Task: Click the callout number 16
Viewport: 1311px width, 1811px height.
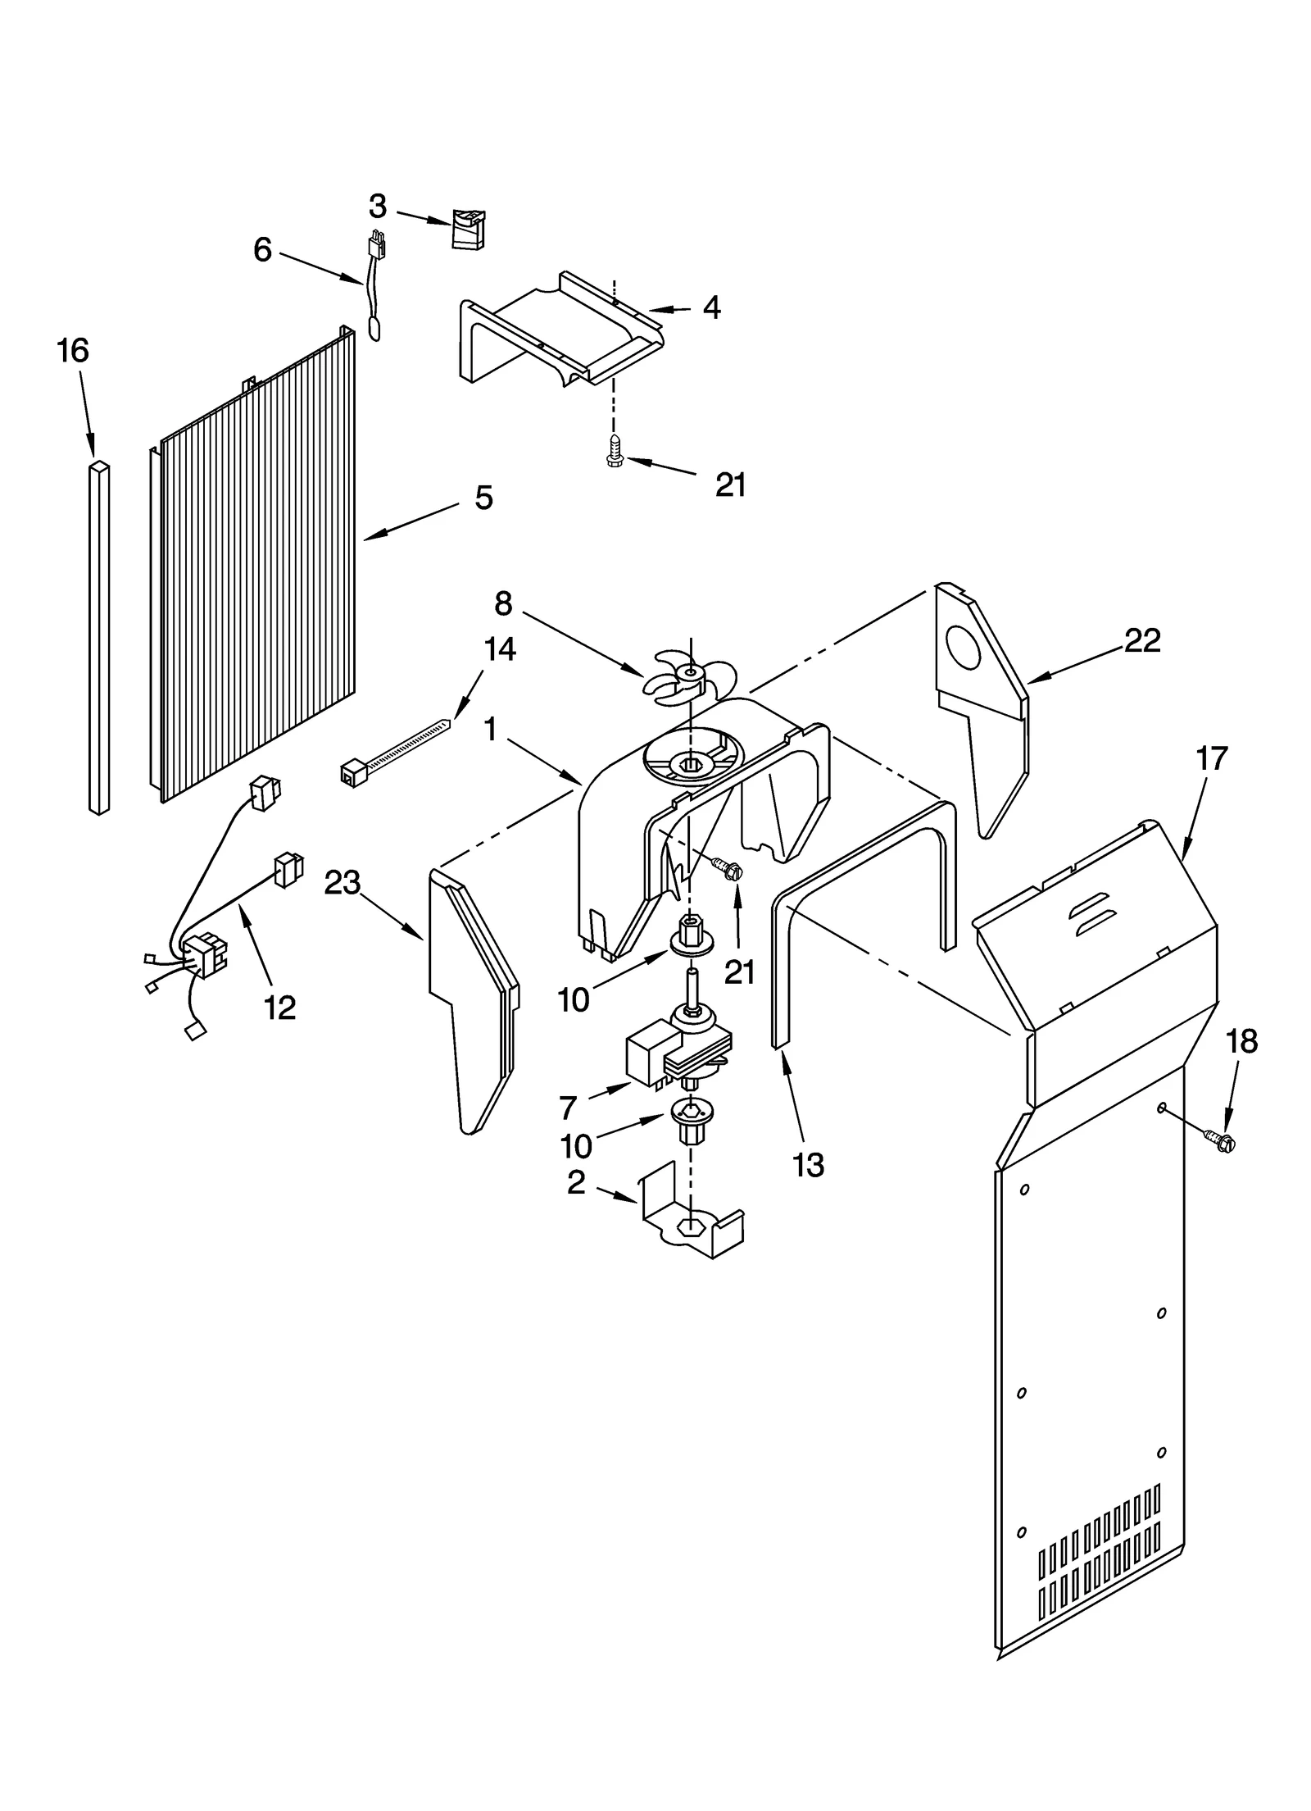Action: tap(72, 351)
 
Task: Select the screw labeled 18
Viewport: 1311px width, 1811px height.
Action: tap(1221, 1139)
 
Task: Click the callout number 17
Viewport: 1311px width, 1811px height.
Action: tap(1212, 759)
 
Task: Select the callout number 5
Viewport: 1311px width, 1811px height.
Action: tap(483, 498)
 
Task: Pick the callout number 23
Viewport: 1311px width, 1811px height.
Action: tap(342, 883)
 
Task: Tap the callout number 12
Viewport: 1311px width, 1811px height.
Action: tap(279, 1008)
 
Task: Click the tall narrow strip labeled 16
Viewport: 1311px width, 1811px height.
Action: tap(98, 639)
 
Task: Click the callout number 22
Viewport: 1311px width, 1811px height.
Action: tap(1142, 640)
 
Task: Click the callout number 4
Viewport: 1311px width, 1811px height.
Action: tap(711, 308)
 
